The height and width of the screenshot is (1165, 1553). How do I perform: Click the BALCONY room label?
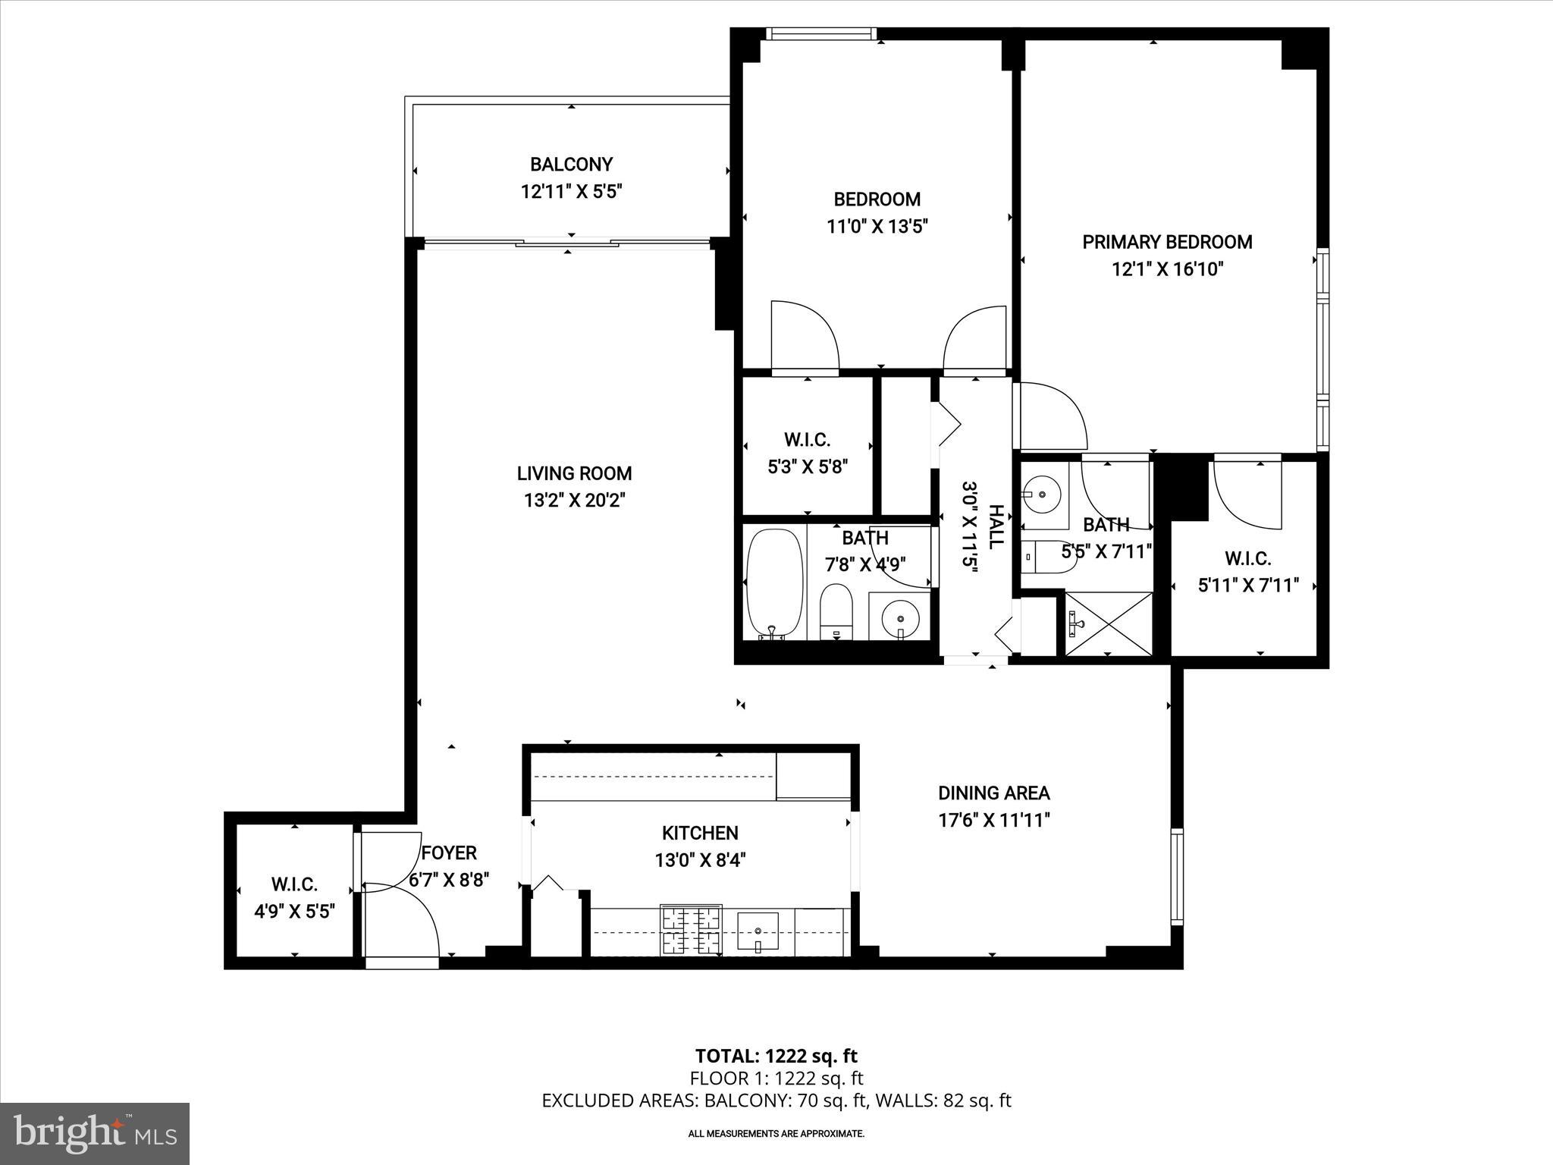point(571,165)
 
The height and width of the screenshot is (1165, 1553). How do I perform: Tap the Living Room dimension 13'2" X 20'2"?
point(574,501)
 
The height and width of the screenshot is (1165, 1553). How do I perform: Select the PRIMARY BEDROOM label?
point(1167,242)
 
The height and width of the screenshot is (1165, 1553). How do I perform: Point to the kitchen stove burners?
point(691,931)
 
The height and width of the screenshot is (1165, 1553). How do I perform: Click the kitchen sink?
point(758,931)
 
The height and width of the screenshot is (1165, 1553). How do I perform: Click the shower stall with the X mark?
point(1109,623)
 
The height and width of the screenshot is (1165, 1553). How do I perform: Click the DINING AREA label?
point(993,793)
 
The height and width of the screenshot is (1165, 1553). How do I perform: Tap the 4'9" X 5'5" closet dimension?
point(294,911)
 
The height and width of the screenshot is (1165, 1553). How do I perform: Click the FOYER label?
point(449,853)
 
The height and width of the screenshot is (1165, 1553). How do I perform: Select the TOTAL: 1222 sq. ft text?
point(776,1056)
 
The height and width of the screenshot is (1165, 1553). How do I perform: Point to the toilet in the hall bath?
point(836,611)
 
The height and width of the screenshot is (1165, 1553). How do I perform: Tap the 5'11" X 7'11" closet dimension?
point(1247,586)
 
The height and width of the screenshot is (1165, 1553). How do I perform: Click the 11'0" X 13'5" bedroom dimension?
point(877,226)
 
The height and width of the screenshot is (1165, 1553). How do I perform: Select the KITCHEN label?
point(700,833)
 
